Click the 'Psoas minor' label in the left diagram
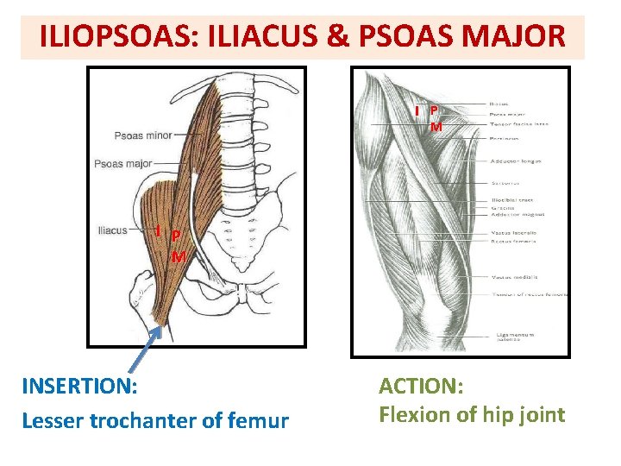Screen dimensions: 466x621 pyautogui.click(x=143, y=135)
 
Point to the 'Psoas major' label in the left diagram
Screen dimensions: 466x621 pyautogui.click(x=123, y=164)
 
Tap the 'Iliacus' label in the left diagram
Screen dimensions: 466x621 pyautogui.click(x=113, y=230)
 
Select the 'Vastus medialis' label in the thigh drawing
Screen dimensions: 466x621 pyautogui.click(x=515, y=277)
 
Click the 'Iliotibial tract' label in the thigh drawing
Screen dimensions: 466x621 pyautogui.click(x=513, y=200)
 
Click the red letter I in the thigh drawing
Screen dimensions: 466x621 pyautogui.click(x=417, y=110)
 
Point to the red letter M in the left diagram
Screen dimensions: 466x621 pyautogui.click(x=178, y=256)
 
